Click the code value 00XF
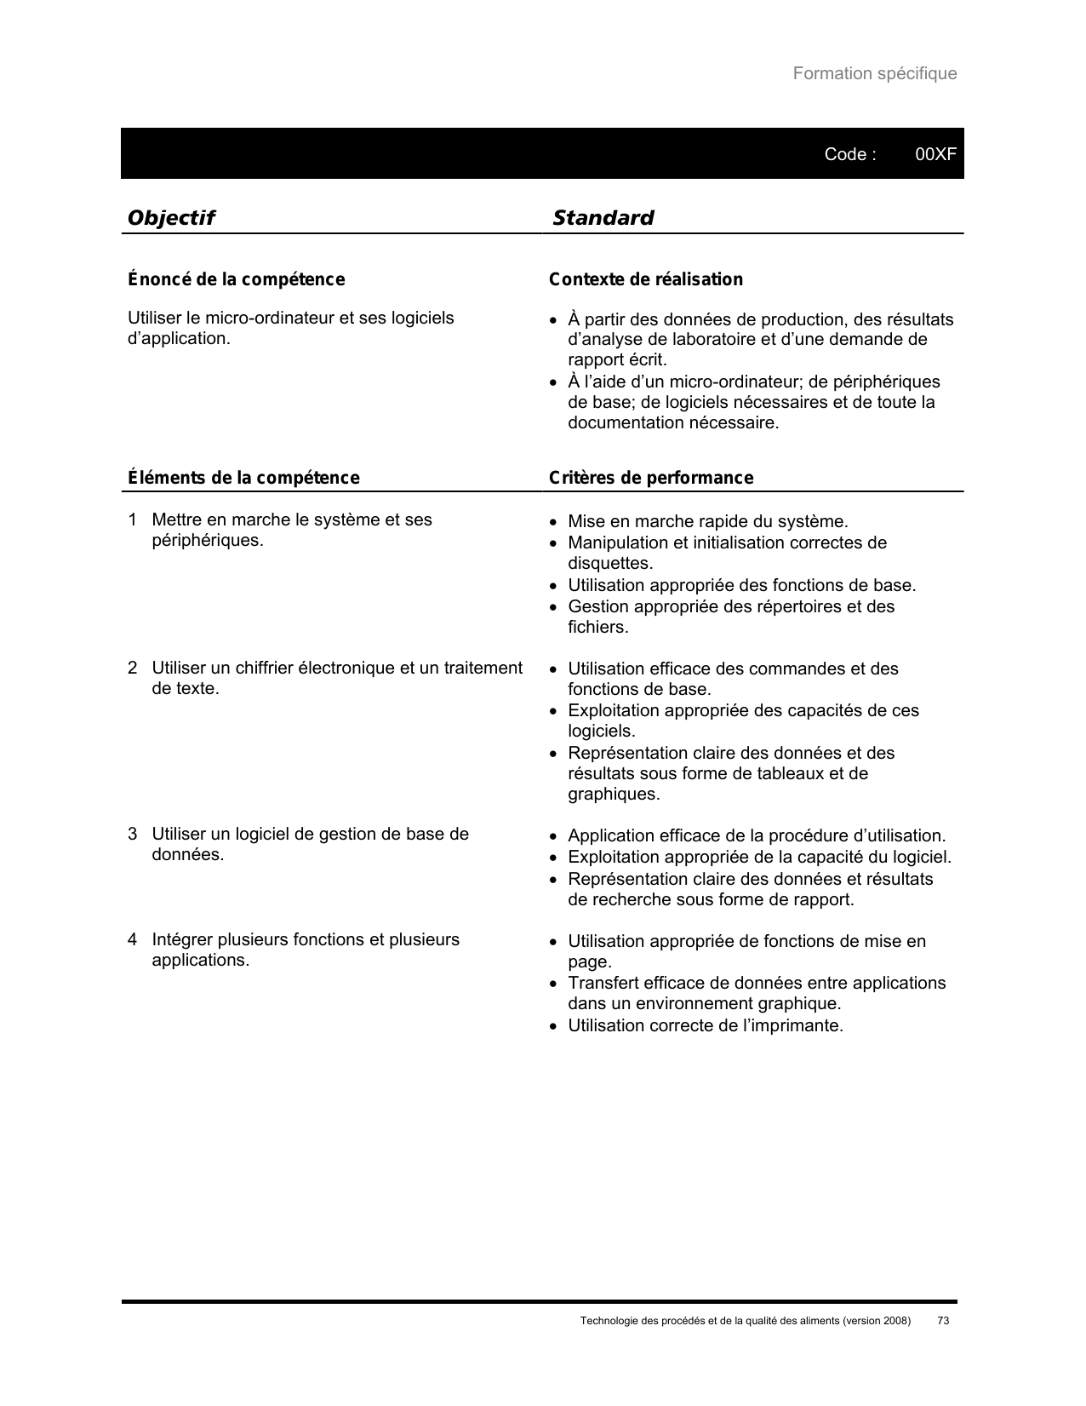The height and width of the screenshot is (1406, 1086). pyautogui.click(x=935, y=154)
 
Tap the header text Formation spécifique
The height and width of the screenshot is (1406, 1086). pyautogui.click(x=874, y=73)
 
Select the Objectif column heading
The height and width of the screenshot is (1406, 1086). pyautogui.click(x=170, y=218)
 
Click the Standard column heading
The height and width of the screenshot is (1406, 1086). pyautogui.click(x=603, y=218)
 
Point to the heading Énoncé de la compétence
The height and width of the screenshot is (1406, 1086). pyautogui.click(x=236, y=279)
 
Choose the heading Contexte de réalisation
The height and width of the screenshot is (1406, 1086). pyautogui.click(x=645, y=279)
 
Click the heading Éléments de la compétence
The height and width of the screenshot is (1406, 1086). pyautogui.click(x=243, y=478)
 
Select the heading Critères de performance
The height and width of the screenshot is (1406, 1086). pyautogui.click(x=651, y=478)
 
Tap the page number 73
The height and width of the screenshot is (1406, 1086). pyautogui.click(x=942, y=1321)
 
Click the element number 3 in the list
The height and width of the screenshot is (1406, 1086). pyautogui.click(x=133, y=834)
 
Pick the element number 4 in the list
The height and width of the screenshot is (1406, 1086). pyautogui.click(x=133, y=939)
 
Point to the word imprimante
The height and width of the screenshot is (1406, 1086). pyautogui.click(x=800, y=1025)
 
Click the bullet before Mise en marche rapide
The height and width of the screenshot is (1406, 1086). pyautogui.click(x=553, y=521)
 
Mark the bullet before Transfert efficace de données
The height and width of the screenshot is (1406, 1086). pyautogui.click(x=553, y=984)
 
